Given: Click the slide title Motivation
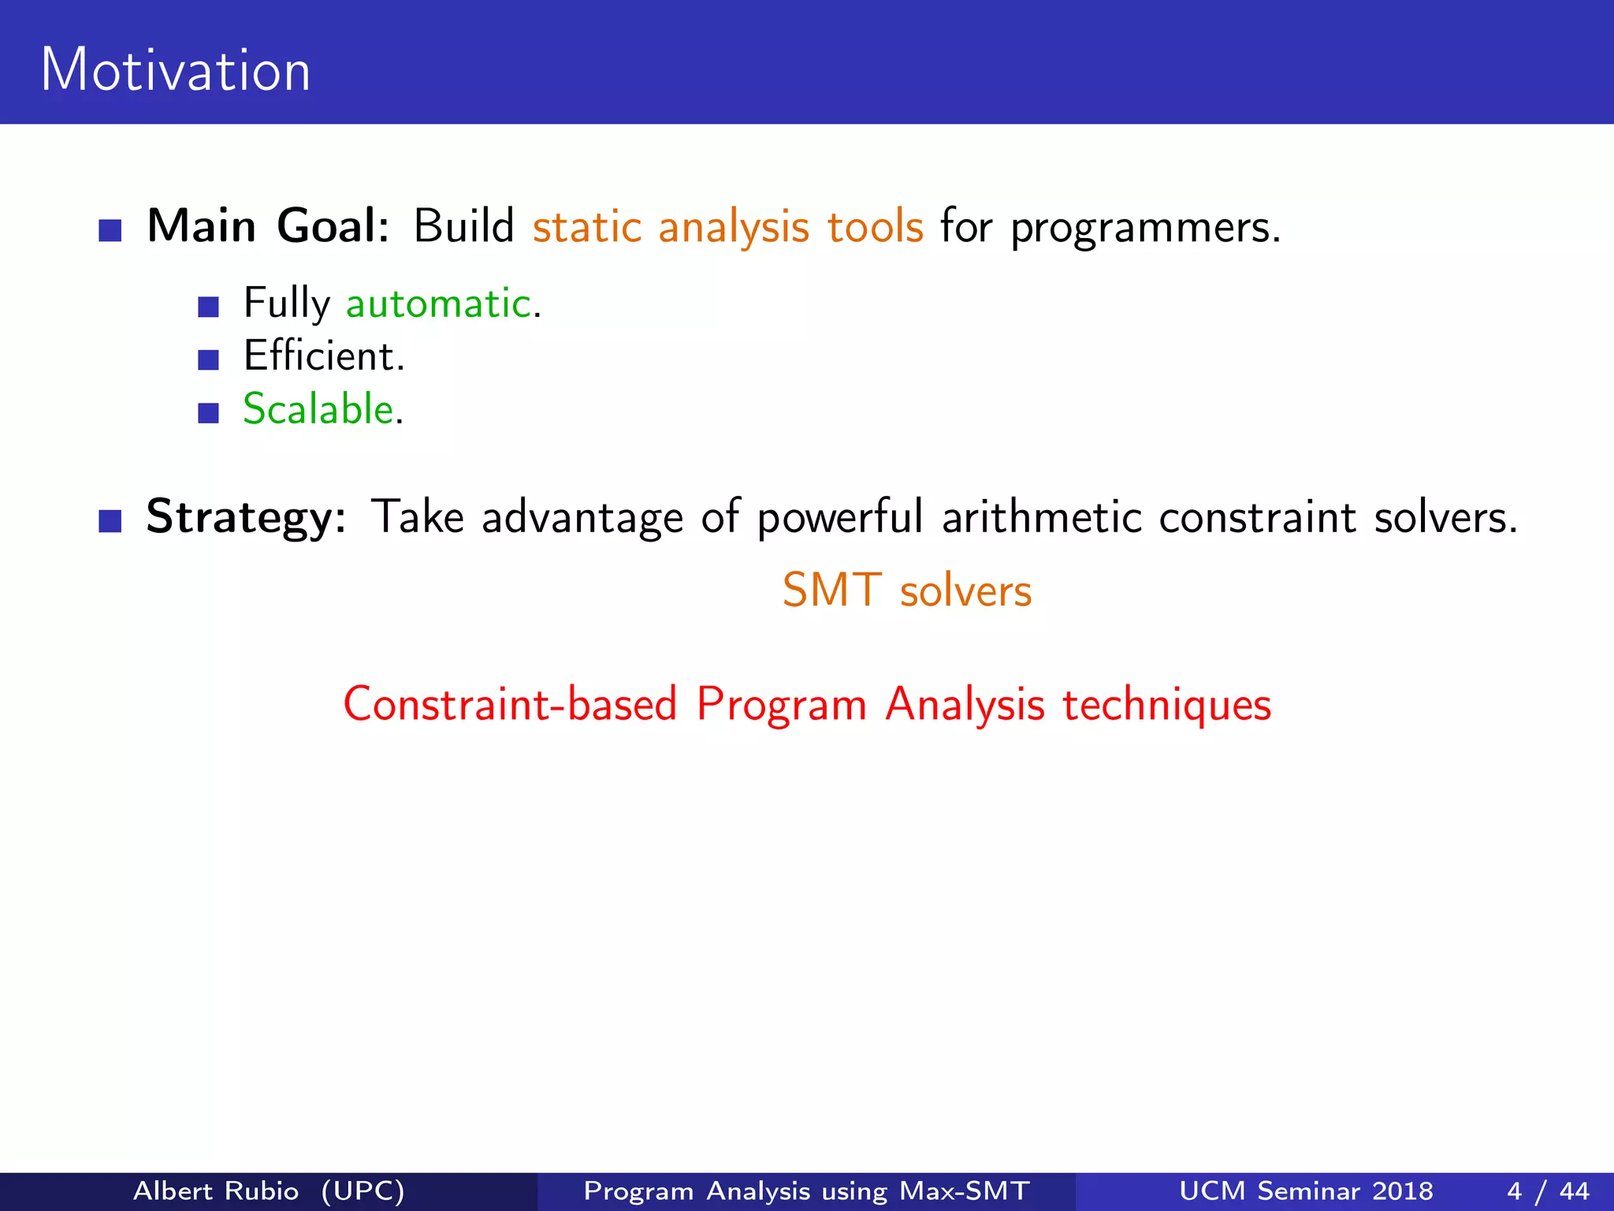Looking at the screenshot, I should click(x=175, y=71).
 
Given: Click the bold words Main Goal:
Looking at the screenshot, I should click(x=268, y=227).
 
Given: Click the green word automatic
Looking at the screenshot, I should click(x=439, y=304).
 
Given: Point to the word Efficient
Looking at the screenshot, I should click(x=323, y=356).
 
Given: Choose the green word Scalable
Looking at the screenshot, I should click(x=318, y=409).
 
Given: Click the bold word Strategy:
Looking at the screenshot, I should click(x=246, y=518).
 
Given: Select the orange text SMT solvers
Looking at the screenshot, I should click(x=906, y=591).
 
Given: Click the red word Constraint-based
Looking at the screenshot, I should click(x=510, y=704).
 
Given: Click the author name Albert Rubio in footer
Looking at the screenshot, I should click(x=216, y=1191).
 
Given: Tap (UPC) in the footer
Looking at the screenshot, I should click(x=363, y=1191).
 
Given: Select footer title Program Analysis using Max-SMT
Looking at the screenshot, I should click(x=806, y=1191).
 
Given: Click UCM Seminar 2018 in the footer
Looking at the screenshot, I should click(x=1306, y=1191).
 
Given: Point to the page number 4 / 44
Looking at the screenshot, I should click(x=1548, y=1191).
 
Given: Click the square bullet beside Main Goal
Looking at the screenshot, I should click(x=110, y=230).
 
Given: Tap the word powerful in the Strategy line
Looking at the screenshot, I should click(x=839, y=520).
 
